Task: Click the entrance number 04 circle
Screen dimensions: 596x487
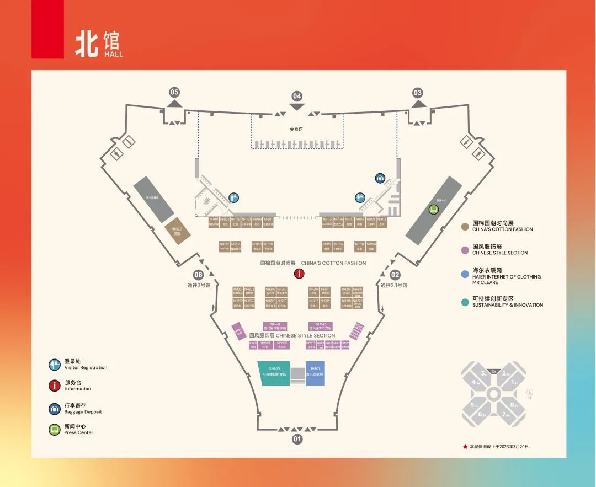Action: pyautogui.click(x=297, y=96)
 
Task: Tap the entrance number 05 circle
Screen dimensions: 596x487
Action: pyautogui.click(x=174, y=92)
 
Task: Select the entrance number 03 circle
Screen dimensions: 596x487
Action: pyautogui.click(x=418, y=93)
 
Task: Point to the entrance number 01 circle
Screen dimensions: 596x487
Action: pyautogui.click(x=297, y=440)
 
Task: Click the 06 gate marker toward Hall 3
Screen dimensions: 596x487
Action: pyautogui.click(x=198, y=275)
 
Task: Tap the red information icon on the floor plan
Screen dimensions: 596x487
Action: pyautogui.click(x=299, y=273)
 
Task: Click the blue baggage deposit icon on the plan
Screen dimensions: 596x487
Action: pyautogui.click(x=380, y=178)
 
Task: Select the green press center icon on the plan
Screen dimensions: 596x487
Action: pyautogui.click(x=434, y=209)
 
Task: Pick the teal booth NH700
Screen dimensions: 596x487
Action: pyautogui.click(x=274, y=373)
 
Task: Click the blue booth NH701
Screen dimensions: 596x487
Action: pyautogui.click(x=315, y=373)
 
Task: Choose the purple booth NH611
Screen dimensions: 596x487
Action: pyautogui.click(x=275, y=326)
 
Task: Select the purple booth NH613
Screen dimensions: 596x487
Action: pyautogui.click(x=321, y=326)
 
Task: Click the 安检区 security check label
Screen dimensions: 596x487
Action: pyautogui.click(x=296, y=130)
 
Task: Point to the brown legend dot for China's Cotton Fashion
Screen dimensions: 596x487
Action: pyautogui.click(x=466, y=226)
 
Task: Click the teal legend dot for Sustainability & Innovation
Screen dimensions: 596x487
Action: pyautogui.click(x=466, y=302)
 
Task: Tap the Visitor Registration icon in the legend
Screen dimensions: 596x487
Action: pyautogui.click(x=54, y=365)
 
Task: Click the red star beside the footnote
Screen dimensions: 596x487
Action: pyautogui.click(x=465, y=446)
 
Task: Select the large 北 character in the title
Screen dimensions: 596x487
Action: pyautogui.click(x=88, y=44)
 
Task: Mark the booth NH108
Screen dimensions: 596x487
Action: pyautogui.click(x=257, y=246)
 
